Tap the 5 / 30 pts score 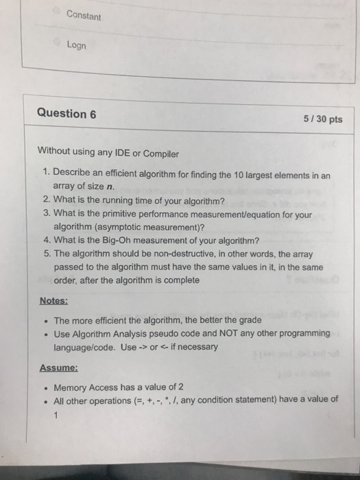pyautogui.click(x=322, y=119)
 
